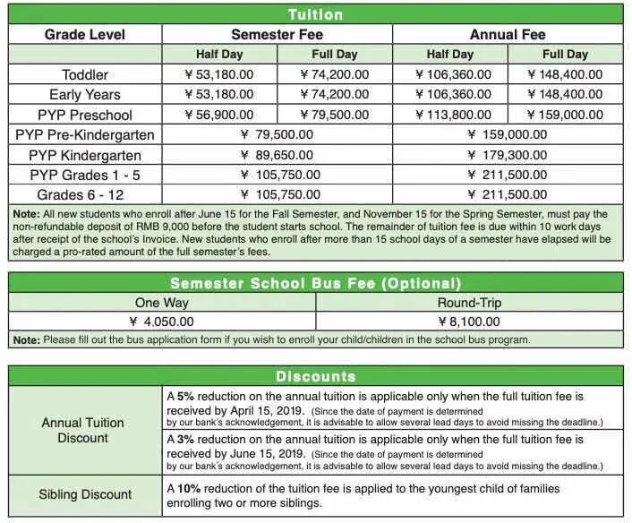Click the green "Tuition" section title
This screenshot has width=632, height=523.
pyautogui.click(x=315, y=14)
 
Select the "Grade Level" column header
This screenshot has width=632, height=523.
pyautogui.click(x=85, y=35)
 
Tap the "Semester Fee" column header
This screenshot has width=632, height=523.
pyautogui.click(x=277, y=35)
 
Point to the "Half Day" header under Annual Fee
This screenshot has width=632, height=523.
pyautogui.click(x=452, y=55)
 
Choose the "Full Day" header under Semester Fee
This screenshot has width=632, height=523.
pyautogui.click(x=334, y=55)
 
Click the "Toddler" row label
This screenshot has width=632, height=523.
pyautogui.click(x=85, y=74)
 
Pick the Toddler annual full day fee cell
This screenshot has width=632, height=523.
pyautogui.click(x=565, y=74)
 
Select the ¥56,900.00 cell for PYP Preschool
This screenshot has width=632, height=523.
pyautogui.click(x=218, y=115)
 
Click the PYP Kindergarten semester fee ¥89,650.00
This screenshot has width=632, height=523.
pyautogui.click(x=277, y=155)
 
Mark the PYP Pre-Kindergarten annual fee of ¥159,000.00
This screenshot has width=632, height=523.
pyautogui.click(x=507, y=134)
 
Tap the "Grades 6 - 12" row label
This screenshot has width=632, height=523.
pyautogui.click(x=85, y=194)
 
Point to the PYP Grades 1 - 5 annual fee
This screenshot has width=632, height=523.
pyautogui.click(x=507, y=175)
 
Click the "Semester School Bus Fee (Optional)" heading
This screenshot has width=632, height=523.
pyautogui.click(x=315, y=283)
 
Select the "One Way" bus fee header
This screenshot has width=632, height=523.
pyautogui.click(x=161, y=303)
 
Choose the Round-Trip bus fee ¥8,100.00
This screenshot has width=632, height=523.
pyautogui.click(x=469, y=321)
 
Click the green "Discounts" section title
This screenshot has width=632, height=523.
pyautogui.click(x=315, y=376)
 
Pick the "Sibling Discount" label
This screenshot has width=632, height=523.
pyautogui.click(x=85, y=494)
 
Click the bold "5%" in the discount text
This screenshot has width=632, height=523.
pyautogui.click(x=185, y=395)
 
